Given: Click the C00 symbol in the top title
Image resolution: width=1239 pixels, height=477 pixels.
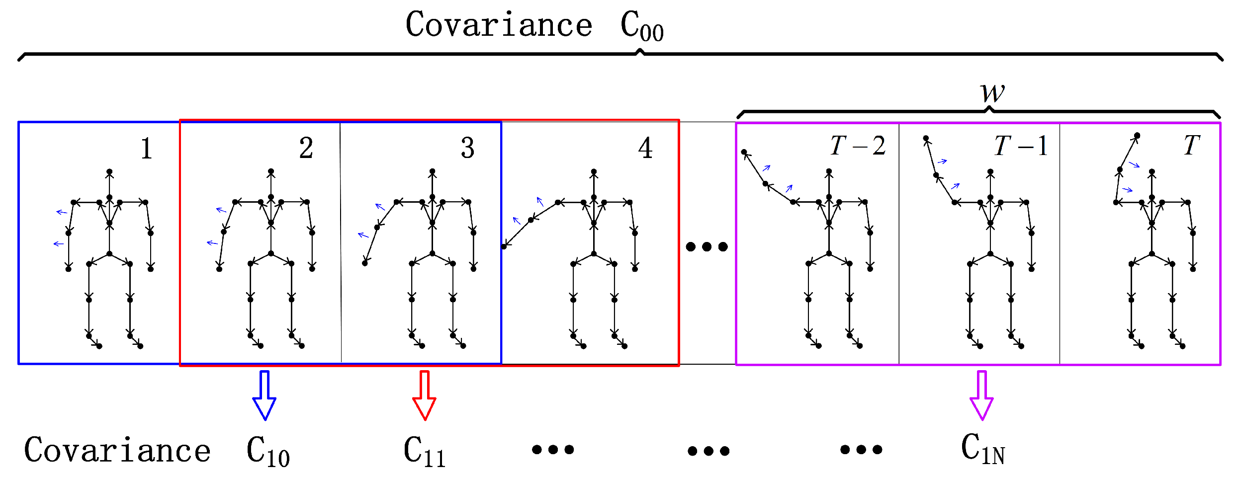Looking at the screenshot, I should (641, 26).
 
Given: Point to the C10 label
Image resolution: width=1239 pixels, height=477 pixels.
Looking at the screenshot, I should (267, 451).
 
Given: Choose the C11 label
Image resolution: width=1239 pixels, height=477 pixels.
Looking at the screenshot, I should (424, 451).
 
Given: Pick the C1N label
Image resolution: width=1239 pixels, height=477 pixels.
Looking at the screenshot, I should (982, 449).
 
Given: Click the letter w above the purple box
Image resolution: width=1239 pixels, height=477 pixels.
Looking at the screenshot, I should (992, 92).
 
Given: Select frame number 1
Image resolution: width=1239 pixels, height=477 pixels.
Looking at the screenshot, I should (146, 149).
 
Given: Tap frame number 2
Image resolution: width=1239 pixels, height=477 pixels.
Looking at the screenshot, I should (306, 148).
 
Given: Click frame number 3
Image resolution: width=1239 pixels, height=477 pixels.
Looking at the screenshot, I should (467, 148).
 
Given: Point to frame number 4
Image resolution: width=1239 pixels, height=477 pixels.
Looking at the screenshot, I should (645, 148).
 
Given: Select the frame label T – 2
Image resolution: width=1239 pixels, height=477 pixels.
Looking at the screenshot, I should (858, 146).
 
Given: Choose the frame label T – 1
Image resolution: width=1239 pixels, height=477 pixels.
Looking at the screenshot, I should (1021, 146).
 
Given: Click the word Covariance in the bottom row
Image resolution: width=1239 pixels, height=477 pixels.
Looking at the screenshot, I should (117, 450).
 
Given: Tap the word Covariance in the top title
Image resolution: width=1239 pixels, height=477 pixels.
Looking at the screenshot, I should (499, 25).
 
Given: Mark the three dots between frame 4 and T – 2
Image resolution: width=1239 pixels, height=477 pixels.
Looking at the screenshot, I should (707, 246).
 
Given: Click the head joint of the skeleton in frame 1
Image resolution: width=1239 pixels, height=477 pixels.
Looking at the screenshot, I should (109, 172).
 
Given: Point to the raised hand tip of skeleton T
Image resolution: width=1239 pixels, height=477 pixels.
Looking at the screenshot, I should (1137, 136).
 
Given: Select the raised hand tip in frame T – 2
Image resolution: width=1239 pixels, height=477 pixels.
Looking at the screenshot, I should (744, 152).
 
